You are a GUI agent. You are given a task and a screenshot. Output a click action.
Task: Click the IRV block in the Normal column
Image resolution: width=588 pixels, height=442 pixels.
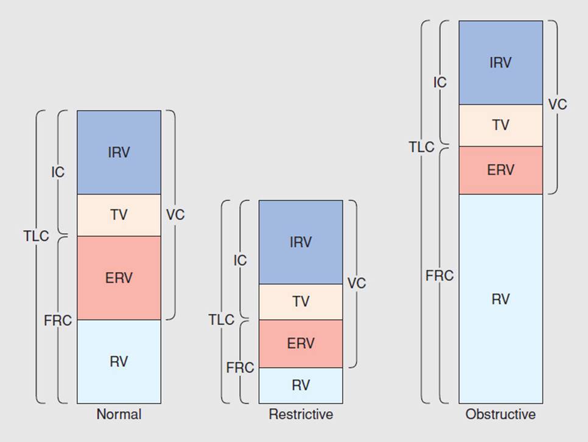[119, 152]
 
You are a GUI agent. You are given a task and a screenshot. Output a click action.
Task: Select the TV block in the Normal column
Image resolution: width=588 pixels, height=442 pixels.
[119, 215]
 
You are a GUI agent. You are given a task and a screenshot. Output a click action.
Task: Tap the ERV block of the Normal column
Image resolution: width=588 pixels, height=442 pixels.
[119, 278]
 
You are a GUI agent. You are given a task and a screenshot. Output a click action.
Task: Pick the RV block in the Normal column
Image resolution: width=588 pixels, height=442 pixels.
[119, 361]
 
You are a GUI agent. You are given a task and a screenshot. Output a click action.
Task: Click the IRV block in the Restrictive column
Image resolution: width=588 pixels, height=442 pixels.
[301, 242]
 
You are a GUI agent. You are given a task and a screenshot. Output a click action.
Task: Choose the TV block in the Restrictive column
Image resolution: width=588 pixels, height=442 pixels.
[301, 301]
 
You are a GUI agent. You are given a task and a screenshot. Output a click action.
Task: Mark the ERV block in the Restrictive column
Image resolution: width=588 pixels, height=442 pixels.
[301, 343]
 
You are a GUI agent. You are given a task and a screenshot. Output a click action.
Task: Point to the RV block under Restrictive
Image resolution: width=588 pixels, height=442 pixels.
[301, 385]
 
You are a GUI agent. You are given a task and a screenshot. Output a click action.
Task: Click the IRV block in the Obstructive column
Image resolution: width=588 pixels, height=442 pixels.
[500, 63]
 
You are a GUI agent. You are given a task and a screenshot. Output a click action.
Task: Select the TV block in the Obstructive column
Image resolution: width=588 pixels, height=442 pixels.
[500, 125]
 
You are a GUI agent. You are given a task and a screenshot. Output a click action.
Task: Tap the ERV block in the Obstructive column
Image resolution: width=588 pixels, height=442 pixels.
[500, 170]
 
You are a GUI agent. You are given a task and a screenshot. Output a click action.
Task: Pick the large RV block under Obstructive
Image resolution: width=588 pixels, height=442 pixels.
[500, 298]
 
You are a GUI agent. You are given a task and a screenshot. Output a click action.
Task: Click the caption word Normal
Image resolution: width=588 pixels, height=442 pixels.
[119, 415]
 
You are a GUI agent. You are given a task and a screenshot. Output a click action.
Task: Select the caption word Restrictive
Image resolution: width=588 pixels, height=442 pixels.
[301, 415]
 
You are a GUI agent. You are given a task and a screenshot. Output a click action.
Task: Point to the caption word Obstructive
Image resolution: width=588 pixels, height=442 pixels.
[500, 415]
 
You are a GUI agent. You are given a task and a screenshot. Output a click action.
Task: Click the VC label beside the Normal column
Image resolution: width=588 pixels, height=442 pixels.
[175, 215]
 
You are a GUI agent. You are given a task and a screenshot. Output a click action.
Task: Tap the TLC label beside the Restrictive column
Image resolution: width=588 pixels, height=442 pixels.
[221, 320]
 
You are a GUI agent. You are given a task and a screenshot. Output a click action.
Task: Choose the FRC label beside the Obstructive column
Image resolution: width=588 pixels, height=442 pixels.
[439, 275]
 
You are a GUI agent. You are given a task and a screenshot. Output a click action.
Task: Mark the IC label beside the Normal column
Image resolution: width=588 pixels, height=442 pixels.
[58, 172]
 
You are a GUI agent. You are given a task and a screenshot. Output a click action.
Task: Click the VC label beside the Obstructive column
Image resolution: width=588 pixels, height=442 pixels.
[557, 104]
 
